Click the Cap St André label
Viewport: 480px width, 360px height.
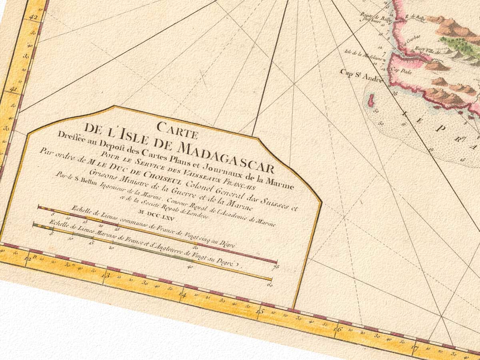click(362, 75)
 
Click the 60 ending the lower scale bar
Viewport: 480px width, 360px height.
click(270, 285)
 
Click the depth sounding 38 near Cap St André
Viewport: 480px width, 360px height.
click(384, 93)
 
